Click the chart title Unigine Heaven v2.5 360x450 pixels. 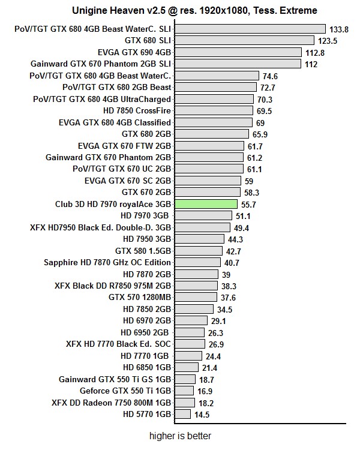(195, 10)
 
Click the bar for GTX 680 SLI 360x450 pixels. (244, 40)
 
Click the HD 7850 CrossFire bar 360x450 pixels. (212, 110)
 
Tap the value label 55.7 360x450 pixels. (250, 204)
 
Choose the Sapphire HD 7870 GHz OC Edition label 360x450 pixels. (107, 262)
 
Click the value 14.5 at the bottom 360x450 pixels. (202, 414)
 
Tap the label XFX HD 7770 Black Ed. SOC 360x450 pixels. (119, 344)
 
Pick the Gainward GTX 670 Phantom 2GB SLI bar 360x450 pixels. (238, 64)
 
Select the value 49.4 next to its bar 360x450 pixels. (241, 227)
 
